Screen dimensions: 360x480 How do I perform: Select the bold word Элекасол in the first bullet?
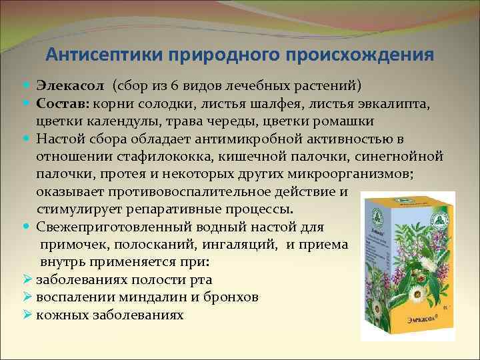tap(66, 86)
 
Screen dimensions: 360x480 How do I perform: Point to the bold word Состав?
tap(62, 103)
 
